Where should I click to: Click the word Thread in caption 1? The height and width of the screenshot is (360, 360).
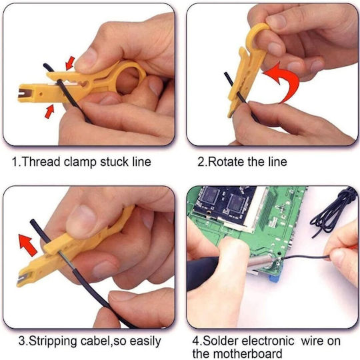click(x=41, y=161)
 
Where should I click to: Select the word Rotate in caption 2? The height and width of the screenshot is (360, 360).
click(x=227, y=161)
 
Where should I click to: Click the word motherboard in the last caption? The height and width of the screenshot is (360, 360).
click(x=245, y=354)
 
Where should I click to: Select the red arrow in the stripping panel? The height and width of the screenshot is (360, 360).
click(x=27, y=245)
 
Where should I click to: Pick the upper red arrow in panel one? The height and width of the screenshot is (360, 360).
click(x=70, y=63)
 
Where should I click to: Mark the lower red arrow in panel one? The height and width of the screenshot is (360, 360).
click(x=49, y=111)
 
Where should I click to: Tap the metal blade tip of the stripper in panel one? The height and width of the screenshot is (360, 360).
click(x=23, y=93)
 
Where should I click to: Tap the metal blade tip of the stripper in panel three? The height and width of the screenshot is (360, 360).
click(x=23, y=278)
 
